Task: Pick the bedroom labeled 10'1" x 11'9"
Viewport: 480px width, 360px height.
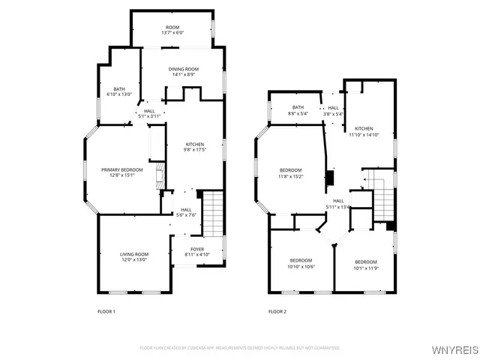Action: coord(366,264)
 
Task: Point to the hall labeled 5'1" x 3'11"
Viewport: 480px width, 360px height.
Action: coord(149,113)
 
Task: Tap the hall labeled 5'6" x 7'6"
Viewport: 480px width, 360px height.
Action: coord(186,212)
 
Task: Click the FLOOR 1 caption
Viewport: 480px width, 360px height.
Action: coord(106,311)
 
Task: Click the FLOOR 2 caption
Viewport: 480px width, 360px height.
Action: coord(277,311)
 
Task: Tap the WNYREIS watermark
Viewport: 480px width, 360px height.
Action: coord(453,349)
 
